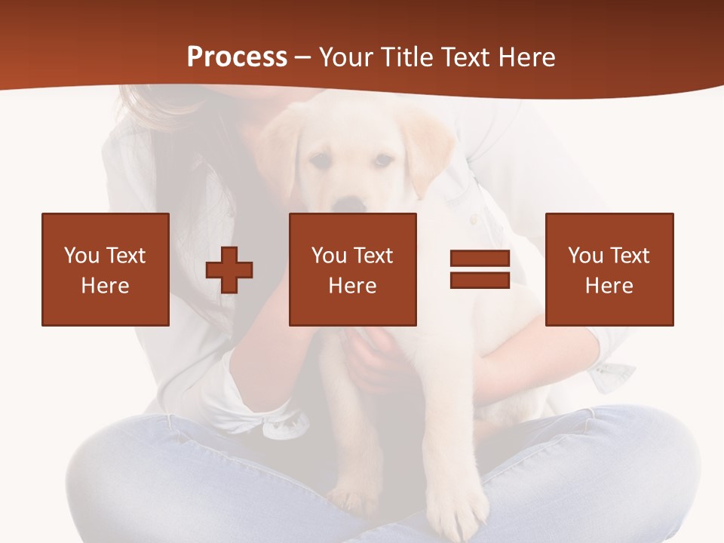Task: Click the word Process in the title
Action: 237,57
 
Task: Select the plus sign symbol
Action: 229,269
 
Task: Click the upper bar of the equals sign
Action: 480,259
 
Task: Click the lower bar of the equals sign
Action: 480,281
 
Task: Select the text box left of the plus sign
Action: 106,269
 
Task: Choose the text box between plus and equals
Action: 352,269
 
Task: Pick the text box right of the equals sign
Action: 609,269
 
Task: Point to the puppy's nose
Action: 348,204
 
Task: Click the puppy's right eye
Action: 383,160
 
